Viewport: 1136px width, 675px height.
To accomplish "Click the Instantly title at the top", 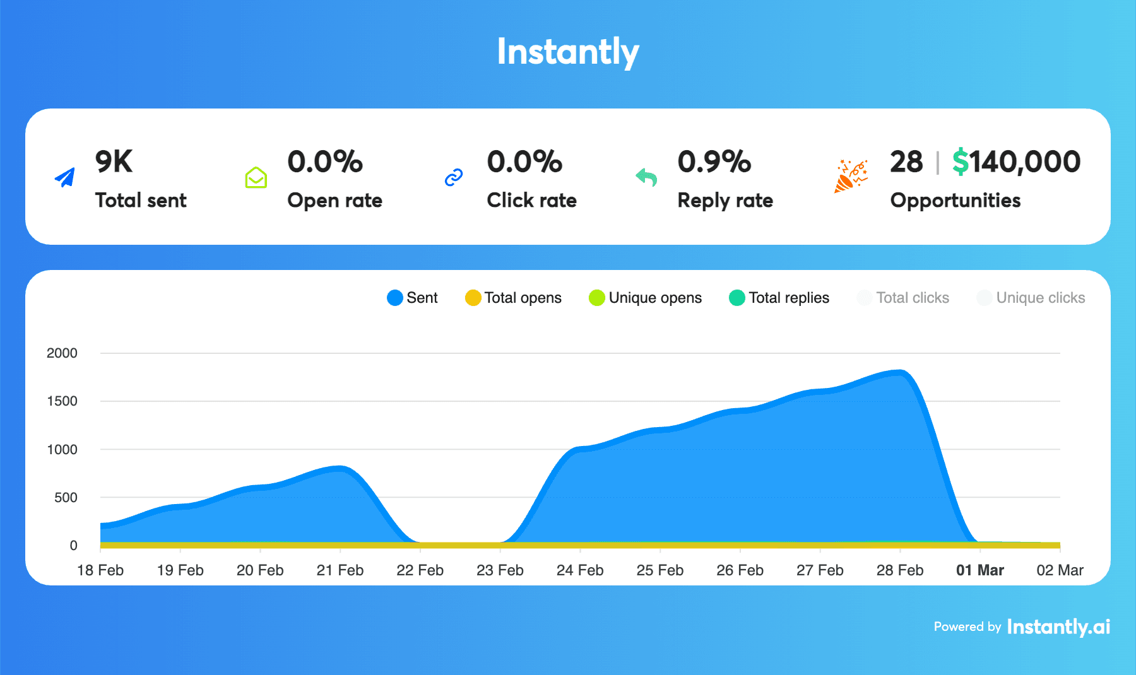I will tap(568, 52).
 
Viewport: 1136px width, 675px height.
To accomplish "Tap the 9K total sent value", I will tap(114, 161).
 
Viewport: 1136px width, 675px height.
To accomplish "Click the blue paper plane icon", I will tap(65, 178).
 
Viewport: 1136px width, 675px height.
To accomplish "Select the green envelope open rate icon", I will tap(256, 178).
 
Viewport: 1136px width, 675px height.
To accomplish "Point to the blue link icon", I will tap(454, 178).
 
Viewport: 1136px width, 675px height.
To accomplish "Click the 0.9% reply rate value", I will tap(714, 161).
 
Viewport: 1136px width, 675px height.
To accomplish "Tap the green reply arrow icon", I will tap(646, 178).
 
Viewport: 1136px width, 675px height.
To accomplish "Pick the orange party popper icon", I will tap(851, 177).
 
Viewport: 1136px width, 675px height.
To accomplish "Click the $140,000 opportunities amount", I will tap(1016, 161).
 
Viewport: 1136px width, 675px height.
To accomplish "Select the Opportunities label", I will tap(955, 201).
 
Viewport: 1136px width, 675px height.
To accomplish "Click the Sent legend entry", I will tap(413, 298).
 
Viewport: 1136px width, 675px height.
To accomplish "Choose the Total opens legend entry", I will tap(513, 298).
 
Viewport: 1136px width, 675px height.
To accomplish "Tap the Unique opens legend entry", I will tap(645, 298).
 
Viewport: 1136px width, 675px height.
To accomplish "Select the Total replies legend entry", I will tap(779, 298).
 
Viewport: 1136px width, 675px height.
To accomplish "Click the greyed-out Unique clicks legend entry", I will tap(1031, 298).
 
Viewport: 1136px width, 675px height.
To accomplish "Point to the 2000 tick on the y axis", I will tap(62, 353).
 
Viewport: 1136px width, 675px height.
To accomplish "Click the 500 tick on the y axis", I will tap(66, 498).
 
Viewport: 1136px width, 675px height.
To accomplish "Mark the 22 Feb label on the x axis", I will tap(420, 570).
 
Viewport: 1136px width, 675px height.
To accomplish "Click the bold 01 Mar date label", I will tap(979, 570).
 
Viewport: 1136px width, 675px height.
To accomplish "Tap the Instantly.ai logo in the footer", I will tap(1058, 626).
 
